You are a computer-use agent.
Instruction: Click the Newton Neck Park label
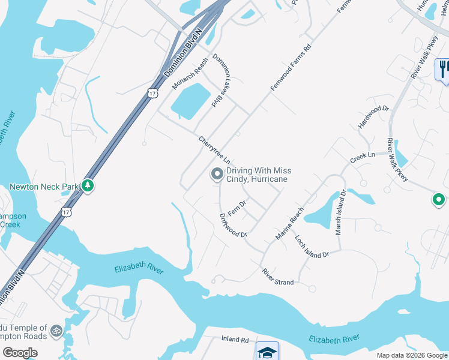(44, 187)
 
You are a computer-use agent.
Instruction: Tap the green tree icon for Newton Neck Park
(88, 186)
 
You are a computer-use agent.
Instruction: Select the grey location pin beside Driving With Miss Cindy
(216, 175)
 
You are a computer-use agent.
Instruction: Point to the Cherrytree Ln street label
(214, 150)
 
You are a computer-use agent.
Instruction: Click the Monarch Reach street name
(190, 73)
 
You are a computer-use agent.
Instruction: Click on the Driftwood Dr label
(233, 225)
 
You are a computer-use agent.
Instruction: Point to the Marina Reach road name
(290, 224)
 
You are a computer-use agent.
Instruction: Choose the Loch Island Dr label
(312, 247)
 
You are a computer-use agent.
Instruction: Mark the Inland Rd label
(235, 340)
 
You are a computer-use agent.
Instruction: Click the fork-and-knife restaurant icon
(443, 68)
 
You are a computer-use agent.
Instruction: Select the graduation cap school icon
(267, 352)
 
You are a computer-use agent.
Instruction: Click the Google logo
(20, 353)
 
